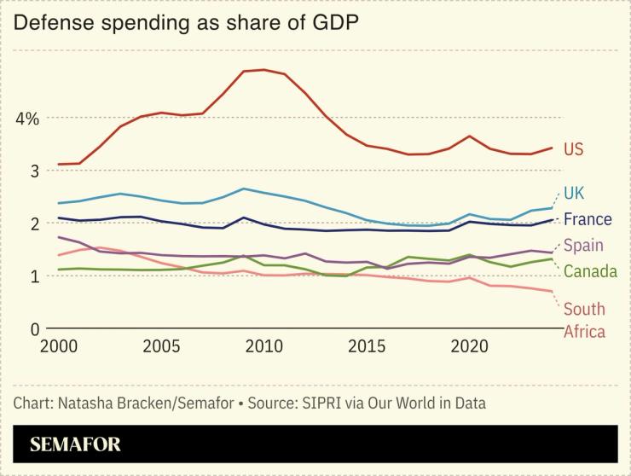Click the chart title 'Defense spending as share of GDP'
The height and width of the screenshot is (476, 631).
pos(185,23)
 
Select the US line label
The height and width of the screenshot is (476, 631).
pos(574,150)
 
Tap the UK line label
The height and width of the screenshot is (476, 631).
pos(574,193)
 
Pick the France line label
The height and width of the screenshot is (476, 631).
pos(588,219)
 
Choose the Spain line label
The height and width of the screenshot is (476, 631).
pos(584,246)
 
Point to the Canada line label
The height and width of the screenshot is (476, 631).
pos(590,271)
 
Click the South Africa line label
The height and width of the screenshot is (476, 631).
pos(584,320)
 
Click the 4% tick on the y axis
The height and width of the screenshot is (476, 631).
pos(27,119)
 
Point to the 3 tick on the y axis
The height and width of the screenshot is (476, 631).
pos(35,171)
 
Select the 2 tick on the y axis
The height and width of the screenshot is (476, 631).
pos(35,223)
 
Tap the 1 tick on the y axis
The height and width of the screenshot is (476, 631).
pos(35,276)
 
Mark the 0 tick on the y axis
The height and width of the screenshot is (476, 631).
pos(35,328)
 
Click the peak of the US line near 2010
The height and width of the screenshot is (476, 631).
pos(263,70)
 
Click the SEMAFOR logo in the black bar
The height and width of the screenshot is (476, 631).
pos(75,444)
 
